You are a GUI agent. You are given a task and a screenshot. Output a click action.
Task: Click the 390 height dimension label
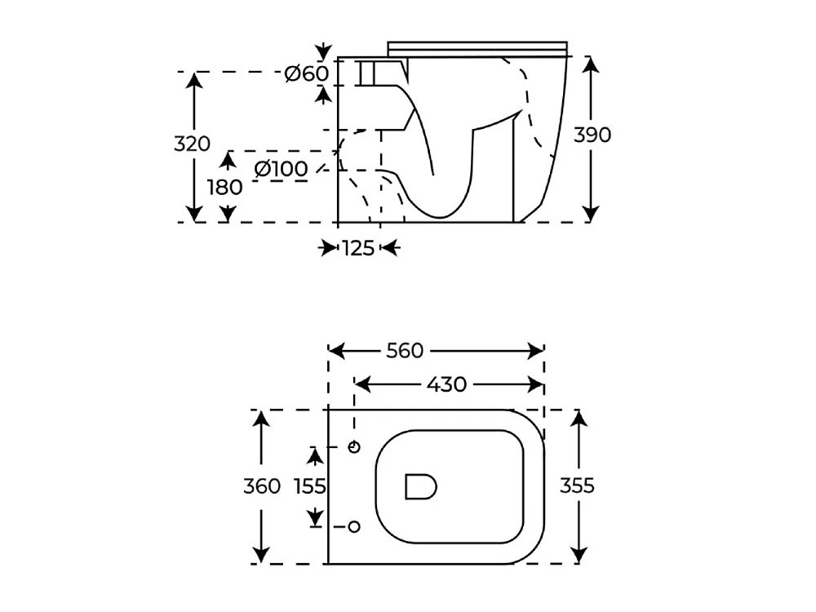[x=592, y=135]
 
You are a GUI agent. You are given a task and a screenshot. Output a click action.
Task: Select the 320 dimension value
[x=192, y=144]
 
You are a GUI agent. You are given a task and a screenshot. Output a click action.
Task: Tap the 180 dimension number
[x=225, y=188]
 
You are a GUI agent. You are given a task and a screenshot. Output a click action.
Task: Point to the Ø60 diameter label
[x=307, y=74]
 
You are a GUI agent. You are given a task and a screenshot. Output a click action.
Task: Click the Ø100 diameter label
[x=281, y=169]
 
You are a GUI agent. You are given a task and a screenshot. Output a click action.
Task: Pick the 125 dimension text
[x=358, y=249]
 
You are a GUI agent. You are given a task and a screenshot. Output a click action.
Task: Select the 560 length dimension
[x=405, y=351]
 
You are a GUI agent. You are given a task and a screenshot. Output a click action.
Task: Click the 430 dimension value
[x=446, y=384]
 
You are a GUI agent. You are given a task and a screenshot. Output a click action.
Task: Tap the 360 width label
[x=262, y=486]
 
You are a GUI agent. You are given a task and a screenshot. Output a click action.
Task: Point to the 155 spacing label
[x=310, y=486]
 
